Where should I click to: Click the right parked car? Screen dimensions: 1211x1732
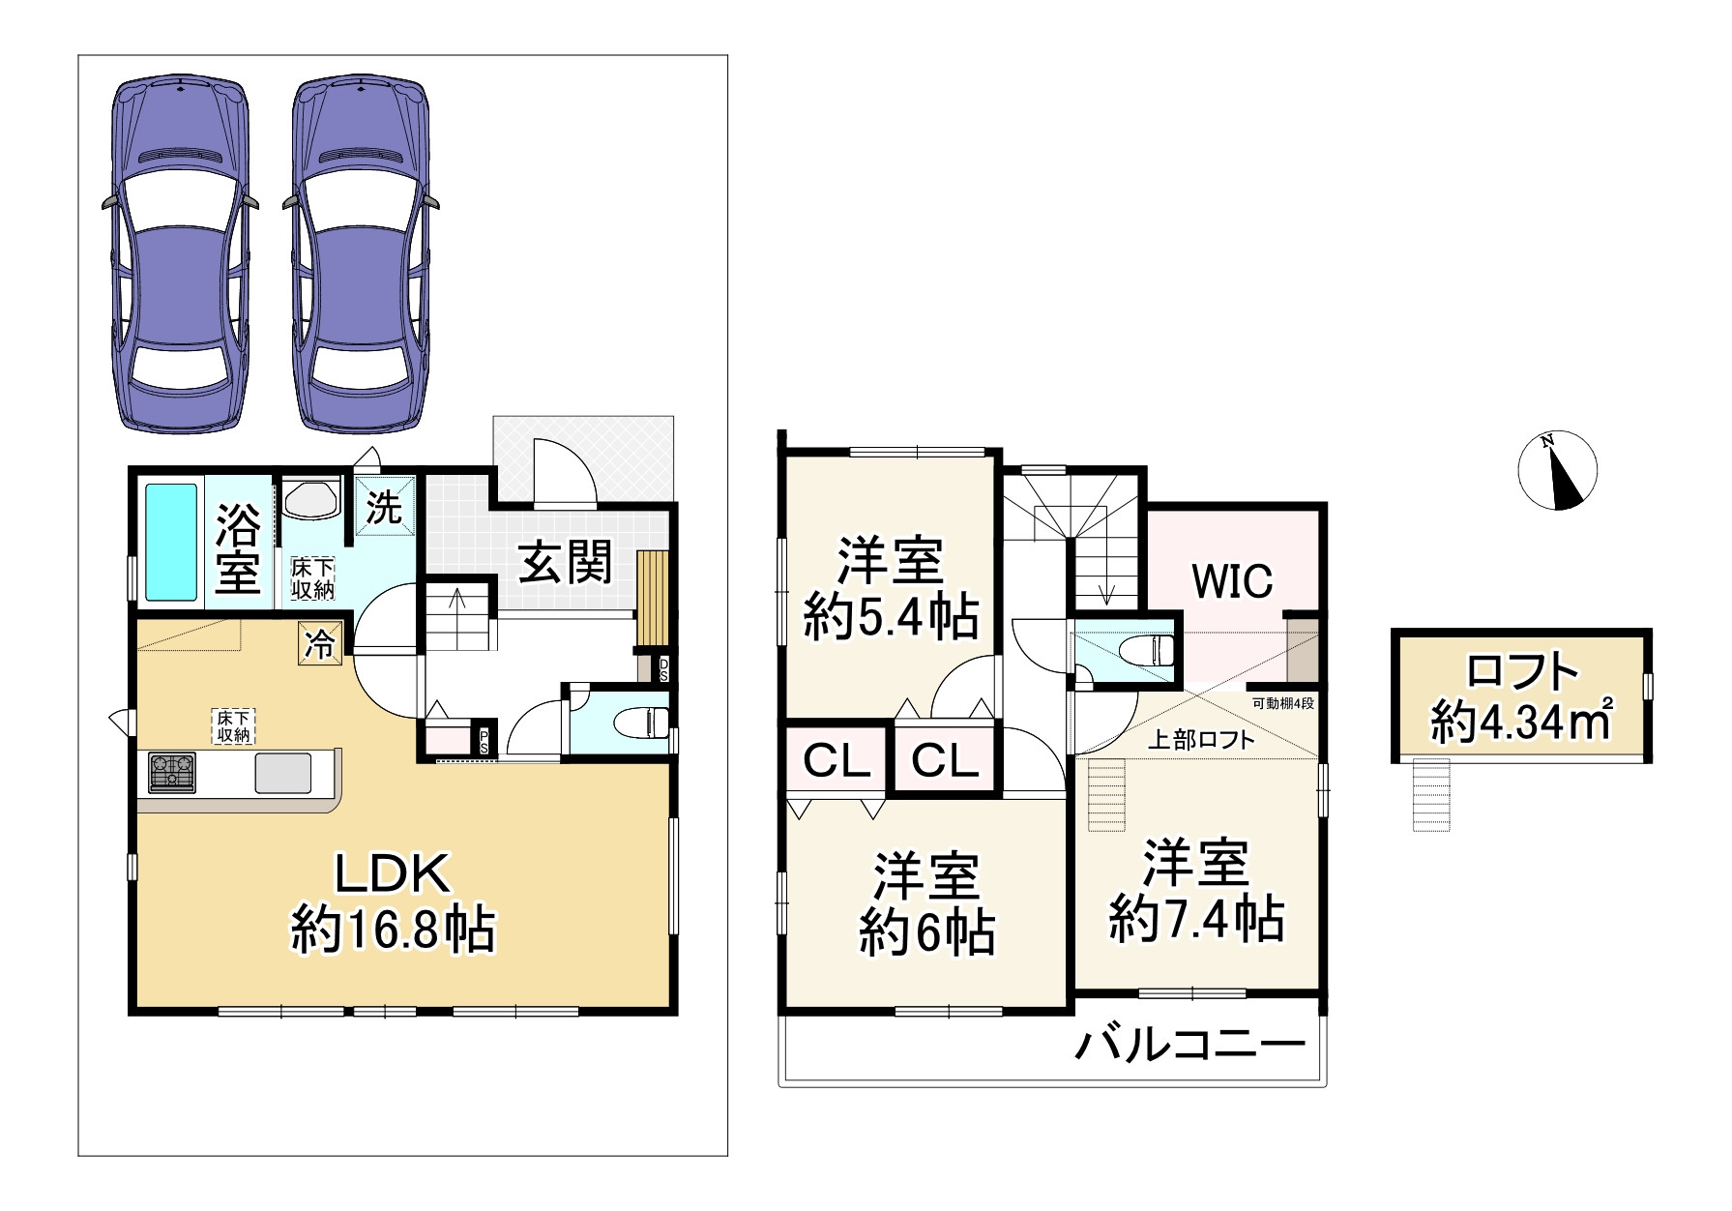pyautogui.click(x=361, y=253)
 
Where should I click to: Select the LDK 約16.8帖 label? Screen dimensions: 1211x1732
pyautogui.click(x=393, y=901)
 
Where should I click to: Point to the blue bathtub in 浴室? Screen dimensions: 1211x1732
pyautogui.click(x=171, y=543)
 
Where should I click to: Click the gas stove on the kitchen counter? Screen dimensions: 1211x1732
pyautogui.click(x=171, y=773)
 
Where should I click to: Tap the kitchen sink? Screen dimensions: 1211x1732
pyautogui.click(x=283, y=773)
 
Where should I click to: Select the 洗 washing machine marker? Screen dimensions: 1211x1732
pyautogui.click(x=386, y=507)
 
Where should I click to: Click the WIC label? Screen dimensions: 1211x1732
pyautogui.click(x=1231, y=581)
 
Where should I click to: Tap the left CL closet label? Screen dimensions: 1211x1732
pyautogui.click(x=837, y=761)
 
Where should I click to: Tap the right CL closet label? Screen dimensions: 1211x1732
pyautogui.click(x=945, y=761)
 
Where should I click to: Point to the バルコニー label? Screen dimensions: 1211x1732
pyautogui.click(x=1190, y=1045)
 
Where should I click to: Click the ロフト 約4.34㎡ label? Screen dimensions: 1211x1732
pyautogui.click(x=1522, y=696)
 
